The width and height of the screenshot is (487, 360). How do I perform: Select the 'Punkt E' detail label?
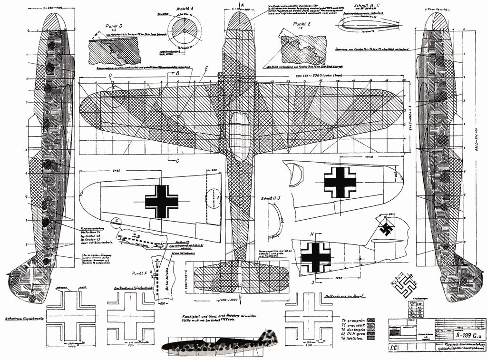pyautogui.click(x=302, y=23)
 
